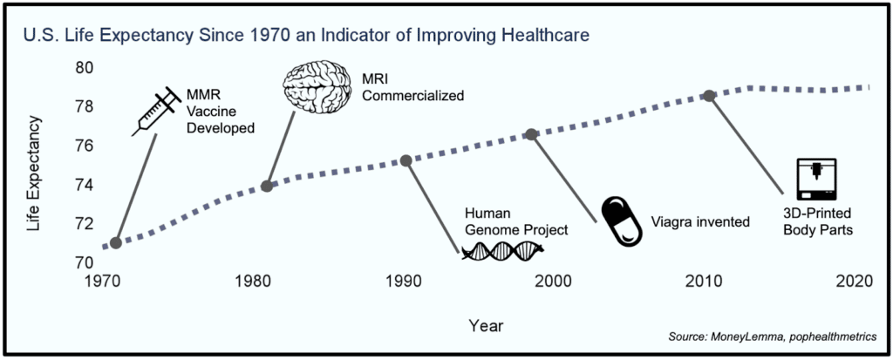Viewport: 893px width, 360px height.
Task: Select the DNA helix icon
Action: point(502,251)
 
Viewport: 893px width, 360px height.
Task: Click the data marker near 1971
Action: point(116,242)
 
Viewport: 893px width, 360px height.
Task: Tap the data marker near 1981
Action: point(267,186)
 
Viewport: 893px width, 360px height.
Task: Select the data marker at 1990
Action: point(406,160)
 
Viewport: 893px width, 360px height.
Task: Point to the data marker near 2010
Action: point(710,95)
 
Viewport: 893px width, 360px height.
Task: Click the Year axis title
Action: point(485,325)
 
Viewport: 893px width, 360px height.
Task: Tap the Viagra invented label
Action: point(701,221)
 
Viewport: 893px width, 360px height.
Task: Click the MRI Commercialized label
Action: point(412,85)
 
